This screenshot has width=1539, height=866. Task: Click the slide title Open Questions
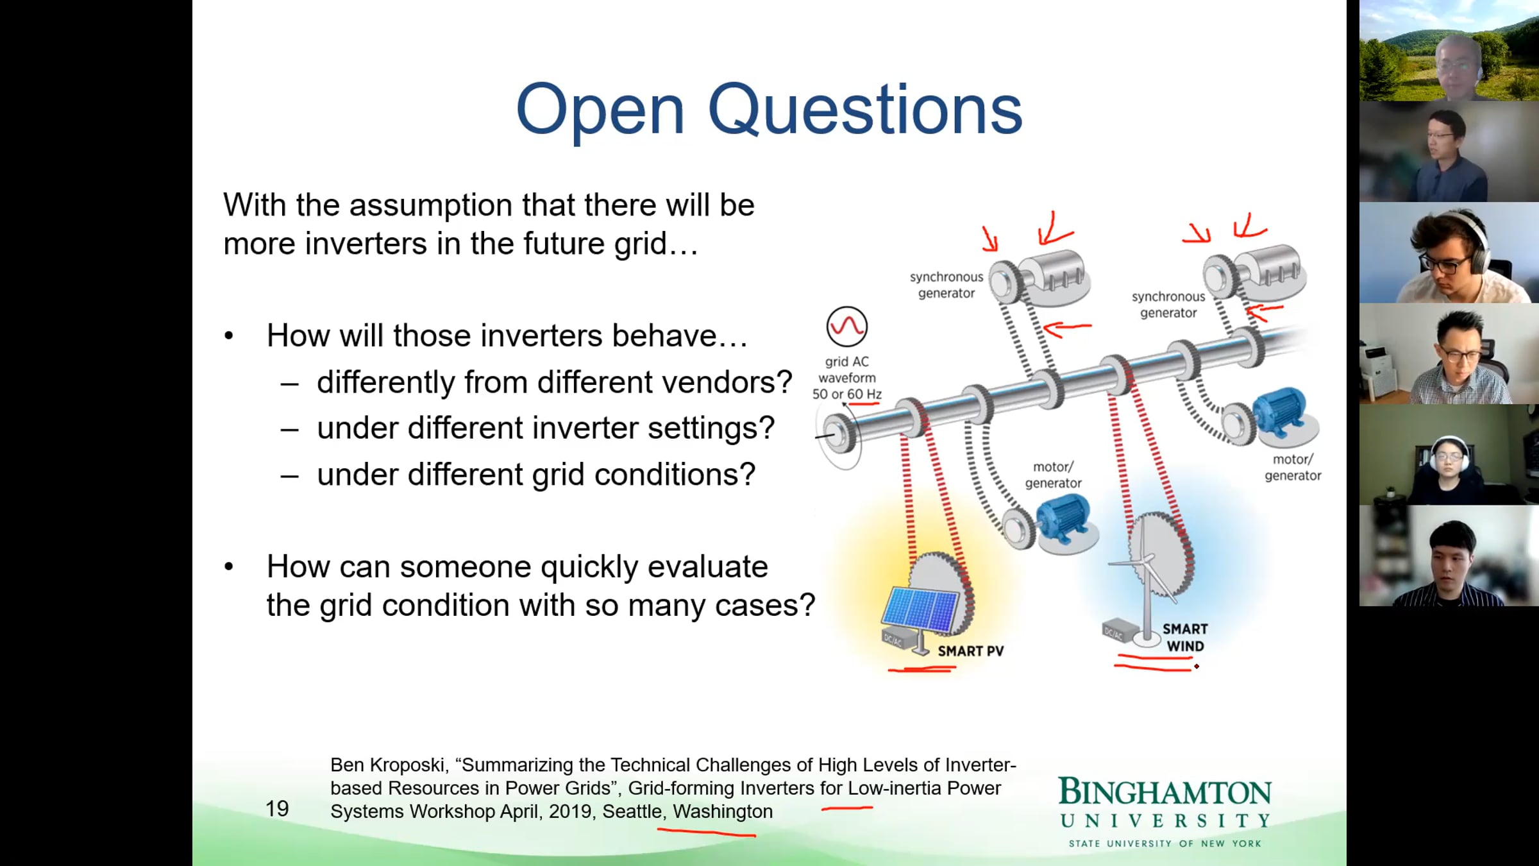tap(769, 110)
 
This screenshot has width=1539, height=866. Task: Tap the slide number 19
tap(277, 808)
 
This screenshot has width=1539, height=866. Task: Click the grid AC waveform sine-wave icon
tap(846, 327)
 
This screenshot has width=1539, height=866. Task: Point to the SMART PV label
tap(970, 651)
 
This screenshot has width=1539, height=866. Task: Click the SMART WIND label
tap(1185, 637)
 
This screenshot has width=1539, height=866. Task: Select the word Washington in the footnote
tap(723, 811)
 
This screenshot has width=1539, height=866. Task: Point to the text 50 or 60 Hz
tap(846, 394)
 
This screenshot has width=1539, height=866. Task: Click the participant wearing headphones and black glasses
tap(1449, 253)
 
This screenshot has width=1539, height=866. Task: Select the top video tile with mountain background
tap(1449, 50)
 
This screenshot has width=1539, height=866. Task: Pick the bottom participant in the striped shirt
tap(1449, 556)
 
